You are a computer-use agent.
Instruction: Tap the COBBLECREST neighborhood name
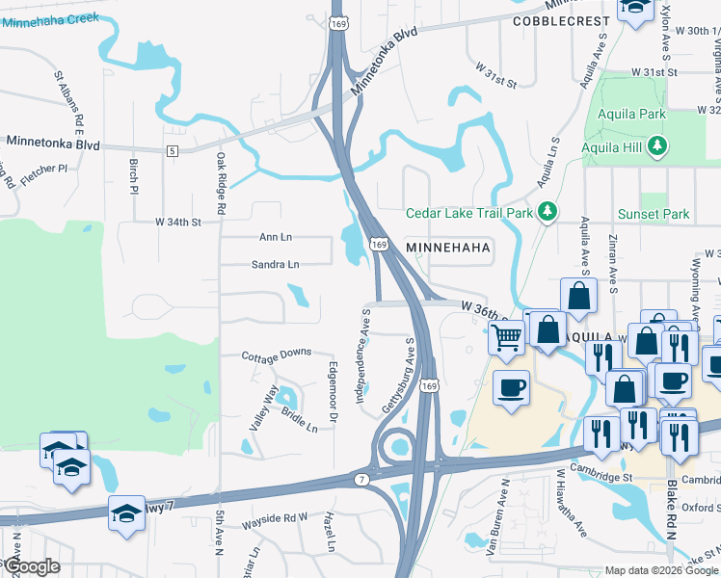click(x=562, y=20)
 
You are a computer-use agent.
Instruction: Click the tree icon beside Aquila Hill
click(x=657, y=146)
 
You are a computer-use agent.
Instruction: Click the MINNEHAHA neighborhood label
click(x=448, y=248)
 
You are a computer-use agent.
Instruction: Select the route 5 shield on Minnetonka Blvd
click(x=172, y=151)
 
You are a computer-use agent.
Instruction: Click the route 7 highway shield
click(x=360, y=479)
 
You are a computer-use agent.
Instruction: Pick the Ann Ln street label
click(x=275, y=237)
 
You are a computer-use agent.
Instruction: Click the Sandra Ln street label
click(x=275, y=264)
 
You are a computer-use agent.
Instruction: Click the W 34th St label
click(x=177, y=223)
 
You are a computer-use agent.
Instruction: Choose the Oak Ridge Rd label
click(x=220, y=183)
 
